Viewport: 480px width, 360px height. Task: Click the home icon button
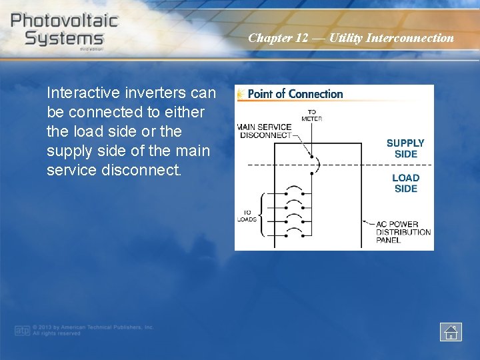point(451,331)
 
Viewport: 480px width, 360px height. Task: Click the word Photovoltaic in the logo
point(64,20)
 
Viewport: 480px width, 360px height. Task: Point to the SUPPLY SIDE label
point(405,148)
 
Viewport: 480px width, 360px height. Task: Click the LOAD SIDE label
point(405,183)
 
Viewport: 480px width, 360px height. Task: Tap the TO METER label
point(311,115)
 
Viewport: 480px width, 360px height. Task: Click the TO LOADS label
point(247,216)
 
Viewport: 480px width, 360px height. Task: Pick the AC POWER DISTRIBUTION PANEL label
point(403,231)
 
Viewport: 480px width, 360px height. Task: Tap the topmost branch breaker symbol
point(293,190)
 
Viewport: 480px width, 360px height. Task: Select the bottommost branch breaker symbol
point(293,233)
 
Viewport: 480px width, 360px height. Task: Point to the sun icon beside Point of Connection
point(241,94)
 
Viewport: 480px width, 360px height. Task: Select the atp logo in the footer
point(22,330)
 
